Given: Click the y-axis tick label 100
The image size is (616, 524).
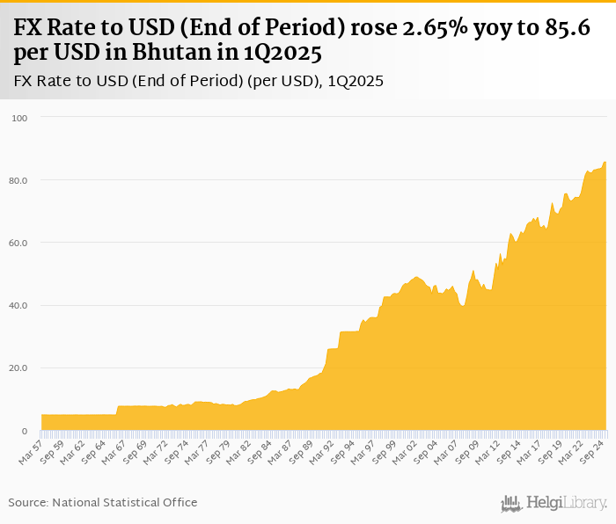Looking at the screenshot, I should [20, 118].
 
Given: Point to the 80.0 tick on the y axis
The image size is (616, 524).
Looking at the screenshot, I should [18, 180].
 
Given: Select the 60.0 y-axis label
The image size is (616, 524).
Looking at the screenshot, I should [18, 243].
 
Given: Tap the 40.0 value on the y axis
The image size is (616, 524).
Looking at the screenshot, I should [18, 305].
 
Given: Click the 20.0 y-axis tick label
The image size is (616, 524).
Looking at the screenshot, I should [18, 368].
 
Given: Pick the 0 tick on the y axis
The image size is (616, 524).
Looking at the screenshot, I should [25, 431].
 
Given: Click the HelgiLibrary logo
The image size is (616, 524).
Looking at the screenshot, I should [554, 503].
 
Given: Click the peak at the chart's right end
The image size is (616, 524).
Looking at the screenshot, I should [605, 162].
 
